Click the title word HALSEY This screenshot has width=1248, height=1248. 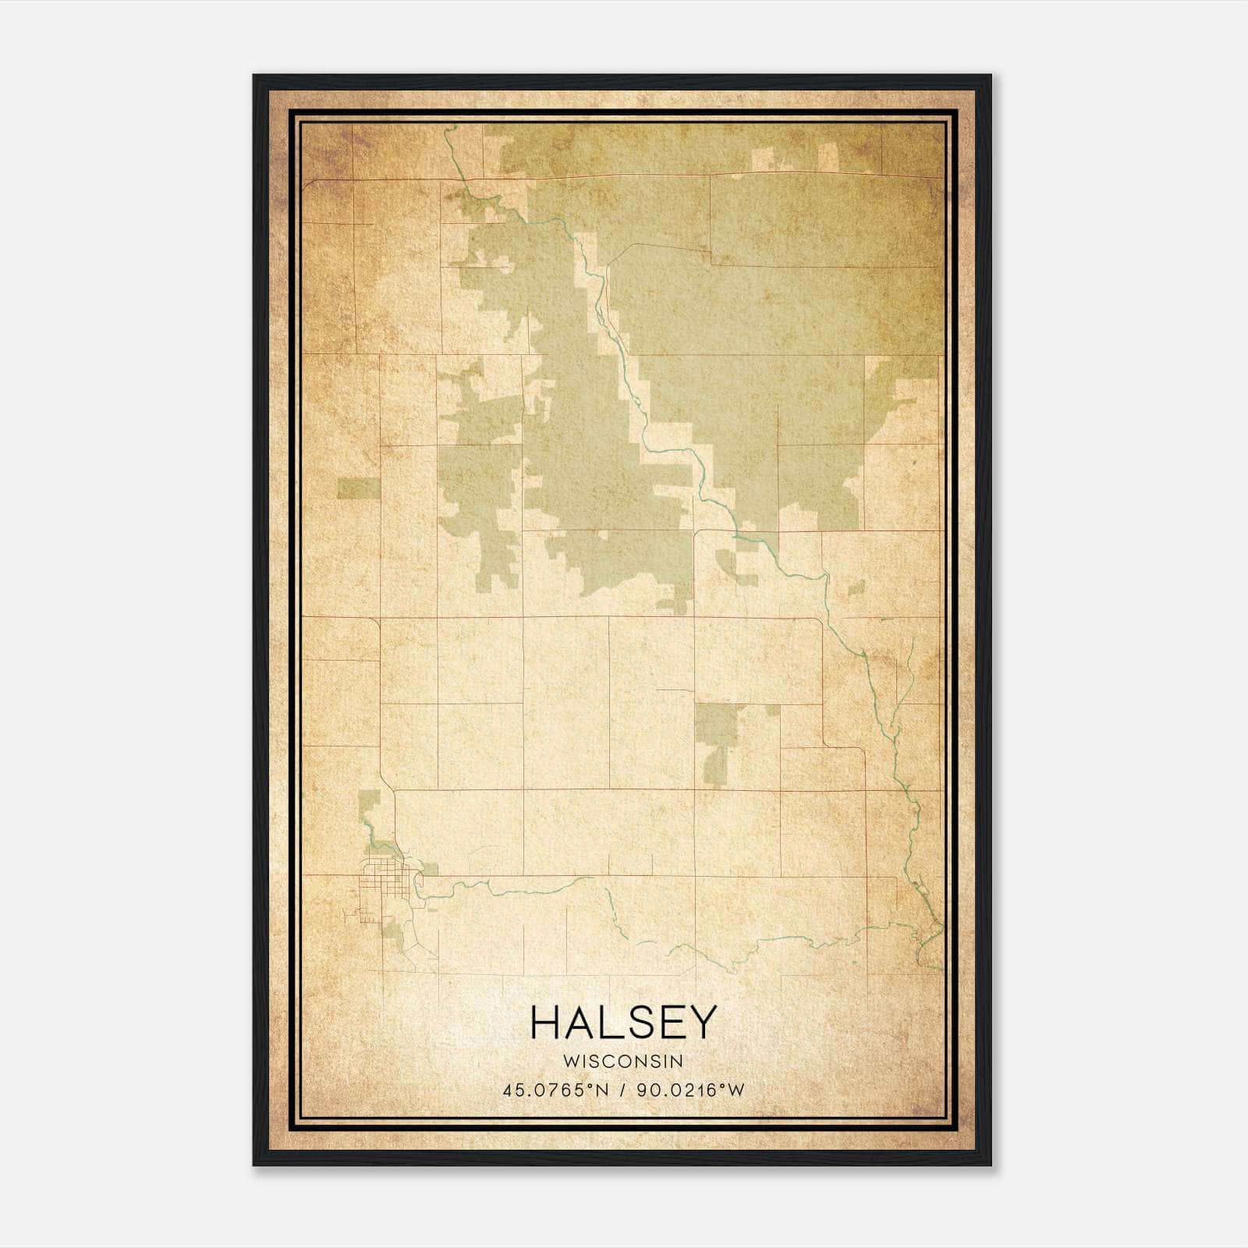622,1023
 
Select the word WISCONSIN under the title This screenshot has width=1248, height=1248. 622,1062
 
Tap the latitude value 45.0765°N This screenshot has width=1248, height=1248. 555,1090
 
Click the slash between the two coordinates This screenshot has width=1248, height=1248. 622,1090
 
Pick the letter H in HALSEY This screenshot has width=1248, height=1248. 544,1023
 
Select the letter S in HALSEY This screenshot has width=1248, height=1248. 639,1023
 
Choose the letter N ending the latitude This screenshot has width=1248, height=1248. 599,1090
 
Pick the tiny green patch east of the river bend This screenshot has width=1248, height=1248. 856,587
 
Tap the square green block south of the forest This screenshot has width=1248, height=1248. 716,725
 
